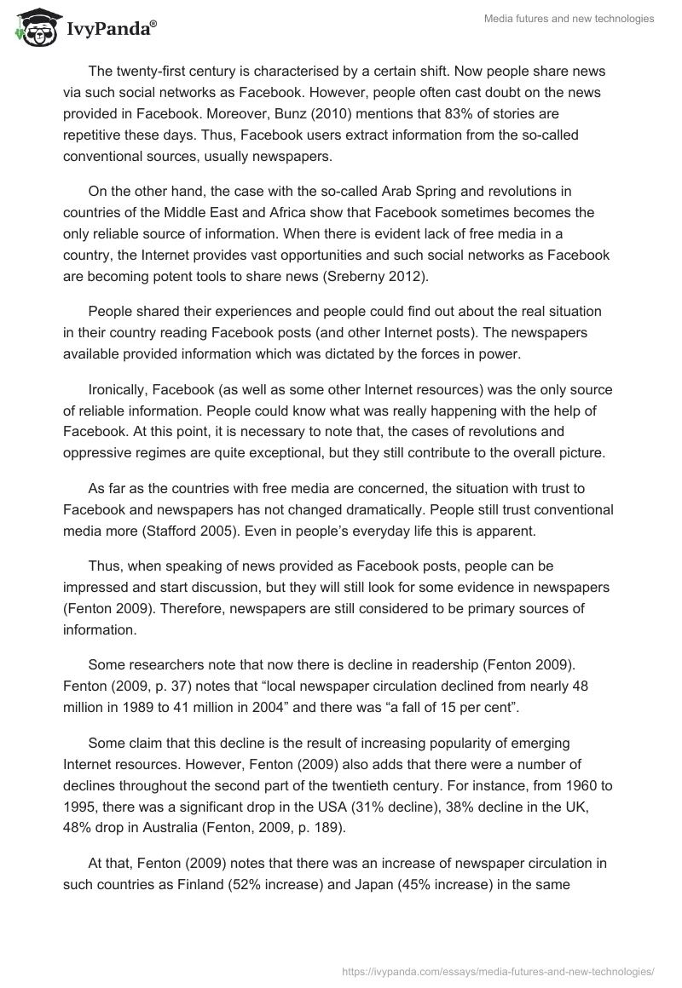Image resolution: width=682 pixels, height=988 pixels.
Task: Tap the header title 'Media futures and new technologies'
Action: pyautogui.click(x=569, y=19)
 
